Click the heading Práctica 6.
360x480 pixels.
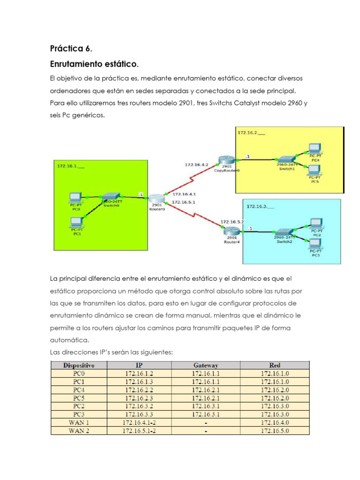pyautogui.click(x=71, y=48)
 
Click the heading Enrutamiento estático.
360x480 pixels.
pyautogui.click(x=94, y=63)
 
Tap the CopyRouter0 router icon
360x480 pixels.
pyautogui.click(x=226, y=160)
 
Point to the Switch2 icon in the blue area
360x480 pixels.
pyautogui.click(x=285, y=232)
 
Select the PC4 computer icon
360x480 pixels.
pyautogui.click(x=315, y=149)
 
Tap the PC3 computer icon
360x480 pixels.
pyautogui.click(x=316, y=243)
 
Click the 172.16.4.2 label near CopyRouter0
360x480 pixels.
pyautogui.click(x=197, y=165)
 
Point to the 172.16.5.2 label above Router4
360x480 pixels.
pyautogui.click(x=232, y=221)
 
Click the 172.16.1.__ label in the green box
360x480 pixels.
pyautogui.click(x=70, y=166)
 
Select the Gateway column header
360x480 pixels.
pyautogui.click(x=205, y=365)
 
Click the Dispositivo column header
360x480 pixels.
pyautogui.click(x=79, y=365)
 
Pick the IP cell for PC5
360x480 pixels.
pyautogui.click(x=139, y=397)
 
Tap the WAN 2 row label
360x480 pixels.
pyautogui.click(x=79, y=430)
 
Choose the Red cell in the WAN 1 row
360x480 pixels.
pyautogui.click(x=275, y=422)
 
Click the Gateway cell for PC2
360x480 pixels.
pyautogui.click(x=205, y=406)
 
